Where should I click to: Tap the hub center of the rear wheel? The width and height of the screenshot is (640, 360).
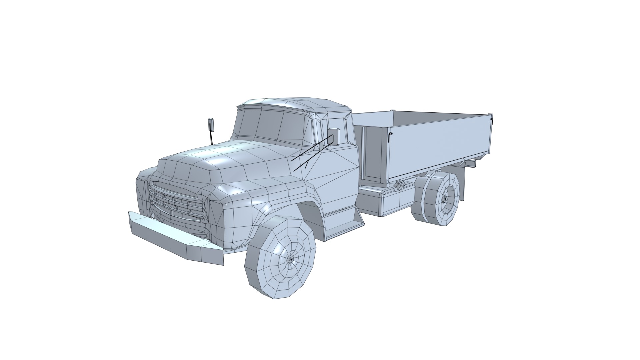pos(445,199)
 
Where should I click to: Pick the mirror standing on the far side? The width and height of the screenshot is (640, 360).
pos(211,124)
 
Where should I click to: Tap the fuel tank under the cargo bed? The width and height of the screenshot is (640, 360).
pos(390,200)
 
